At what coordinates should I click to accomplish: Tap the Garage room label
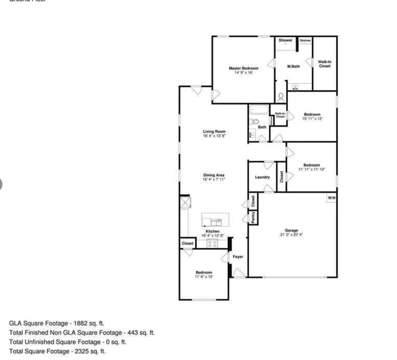tap(291, 231)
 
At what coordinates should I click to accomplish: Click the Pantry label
tap(253, 217)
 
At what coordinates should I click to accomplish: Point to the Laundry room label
tap(262, 177)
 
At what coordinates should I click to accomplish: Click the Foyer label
tap(238, 257)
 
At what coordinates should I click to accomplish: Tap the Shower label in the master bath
tap(285, 40)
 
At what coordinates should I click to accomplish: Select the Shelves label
tap(305, 40)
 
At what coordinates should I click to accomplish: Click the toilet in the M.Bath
tap(281, 97)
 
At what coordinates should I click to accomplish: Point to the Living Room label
tap(214, 132)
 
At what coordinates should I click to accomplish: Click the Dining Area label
tap(214, 175)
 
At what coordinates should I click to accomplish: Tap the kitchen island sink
tap(216, 221)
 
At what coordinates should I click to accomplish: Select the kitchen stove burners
tap(212, 243)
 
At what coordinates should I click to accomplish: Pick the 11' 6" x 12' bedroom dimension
tap(204, 277)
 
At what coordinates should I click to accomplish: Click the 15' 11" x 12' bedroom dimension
tap(312, 119)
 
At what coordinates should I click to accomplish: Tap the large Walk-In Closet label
tap(325, 64)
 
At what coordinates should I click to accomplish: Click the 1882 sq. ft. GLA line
tap(57, 323)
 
